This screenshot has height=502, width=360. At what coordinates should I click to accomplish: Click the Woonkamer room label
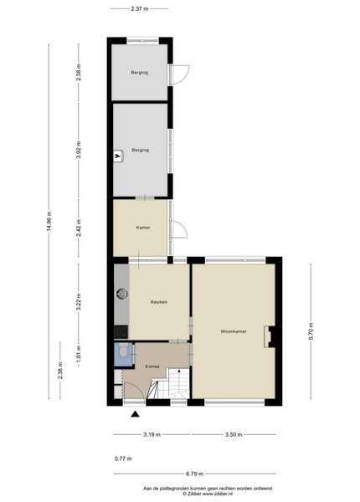click(234, 331)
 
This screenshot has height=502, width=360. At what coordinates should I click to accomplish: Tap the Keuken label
click(159, 302)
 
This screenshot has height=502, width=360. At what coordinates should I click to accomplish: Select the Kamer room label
click(143, 228)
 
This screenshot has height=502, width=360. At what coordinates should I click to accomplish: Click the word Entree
click(152, 366)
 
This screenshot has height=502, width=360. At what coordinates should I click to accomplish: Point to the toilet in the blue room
click(123, 351)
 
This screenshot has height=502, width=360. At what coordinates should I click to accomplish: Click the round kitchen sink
click(121, 294)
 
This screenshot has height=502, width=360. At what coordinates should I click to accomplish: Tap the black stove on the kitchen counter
click(121, 331)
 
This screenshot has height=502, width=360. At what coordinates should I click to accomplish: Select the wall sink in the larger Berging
click(119, 156)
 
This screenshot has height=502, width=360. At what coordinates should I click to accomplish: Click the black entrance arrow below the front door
click(136, 414)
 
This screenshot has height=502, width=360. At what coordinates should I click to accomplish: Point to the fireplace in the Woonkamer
click(270, 336)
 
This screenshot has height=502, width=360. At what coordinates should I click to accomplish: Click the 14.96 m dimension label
click(49, 221)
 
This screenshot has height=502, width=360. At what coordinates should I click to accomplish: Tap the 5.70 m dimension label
click(311, 331)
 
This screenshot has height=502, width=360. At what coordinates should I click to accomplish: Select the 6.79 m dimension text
click(195, 474)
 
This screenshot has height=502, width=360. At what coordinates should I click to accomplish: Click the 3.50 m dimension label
click(234, 434)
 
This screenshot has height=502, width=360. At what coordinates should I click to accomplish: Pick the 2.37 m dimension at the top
click(140, 9)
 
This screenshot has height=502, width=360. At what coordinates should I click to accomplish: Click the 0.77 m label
click(123, 458)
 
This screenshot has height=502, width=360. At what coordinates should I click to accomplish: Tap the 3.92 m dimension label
click(79, 150)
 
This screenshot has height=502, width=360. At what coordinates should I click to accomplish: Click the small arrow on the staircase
click(179, 371)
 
